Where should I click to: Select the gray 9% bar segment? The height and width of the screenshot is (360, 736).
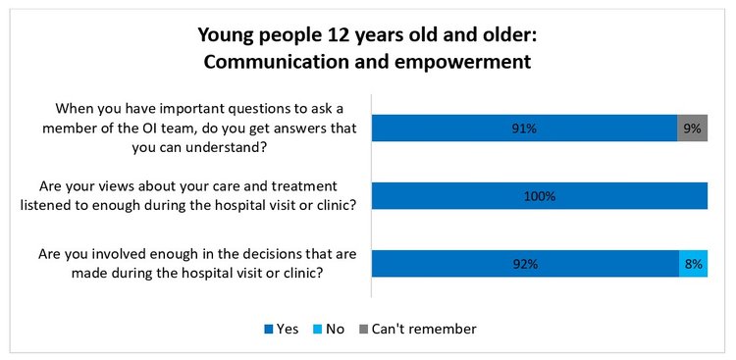coord(692,129)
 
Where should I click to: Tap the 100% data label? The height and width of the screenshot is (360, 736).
coord(540,196)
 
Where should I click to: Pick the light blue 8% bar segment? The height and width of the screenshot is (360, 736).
coord(693,264)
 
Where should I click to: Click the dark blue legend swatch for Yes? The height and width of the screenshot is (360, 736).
coord(268,330)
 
